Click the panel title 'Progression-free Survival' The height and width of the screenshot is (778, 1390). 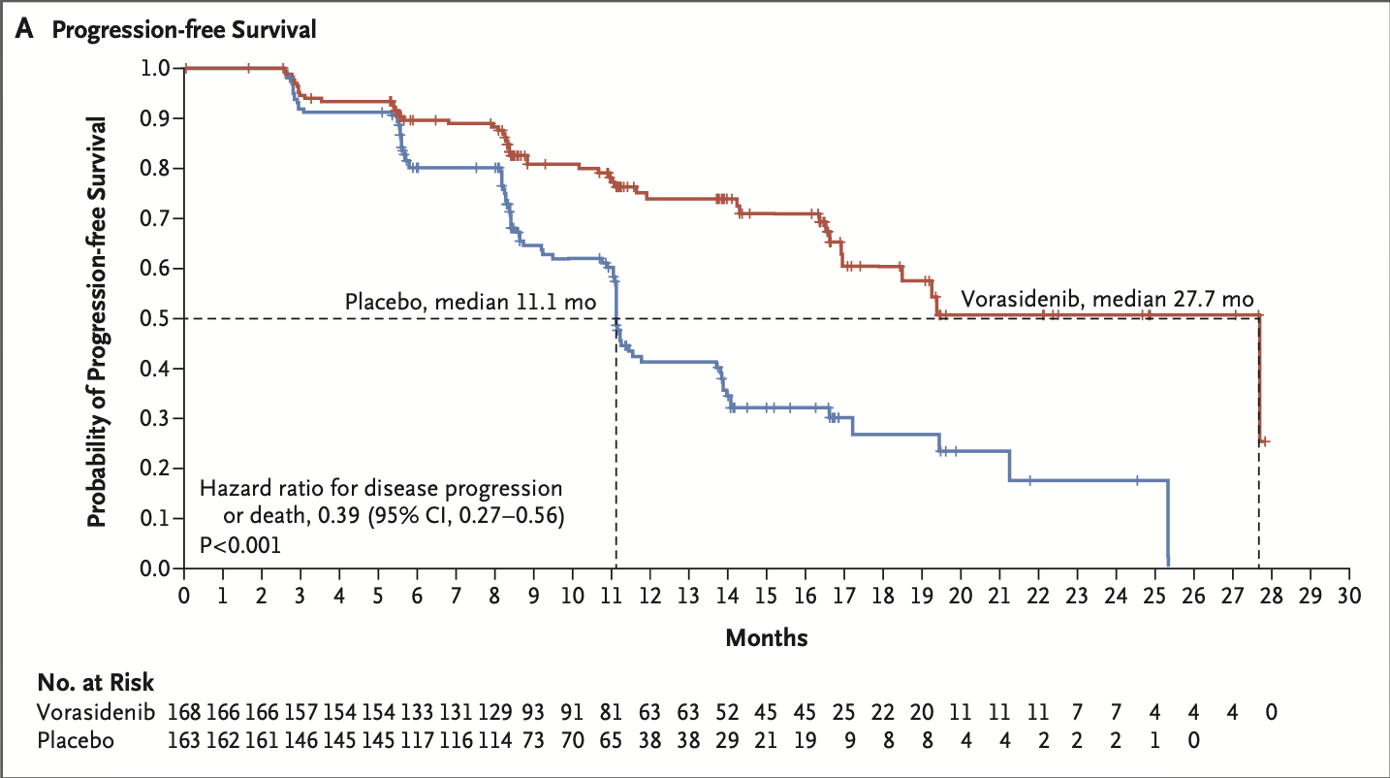(184, 30)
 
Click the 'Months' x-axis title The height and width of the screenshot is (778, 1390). (767, 637)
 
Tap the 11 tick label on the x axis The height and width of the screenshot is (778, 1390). (612, 594)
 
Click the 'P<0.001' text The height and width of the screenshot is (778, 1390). (240, 545)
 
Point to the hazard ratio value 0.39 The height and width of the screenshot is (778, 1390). (325, 515)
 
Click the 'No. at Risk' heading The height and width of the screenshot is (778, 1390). (95, 683)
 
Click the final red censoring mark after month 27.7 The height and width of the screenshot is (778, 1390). (1264, 441)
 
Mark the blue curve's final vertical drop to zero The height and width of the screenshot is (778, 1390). (1168, 524)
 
